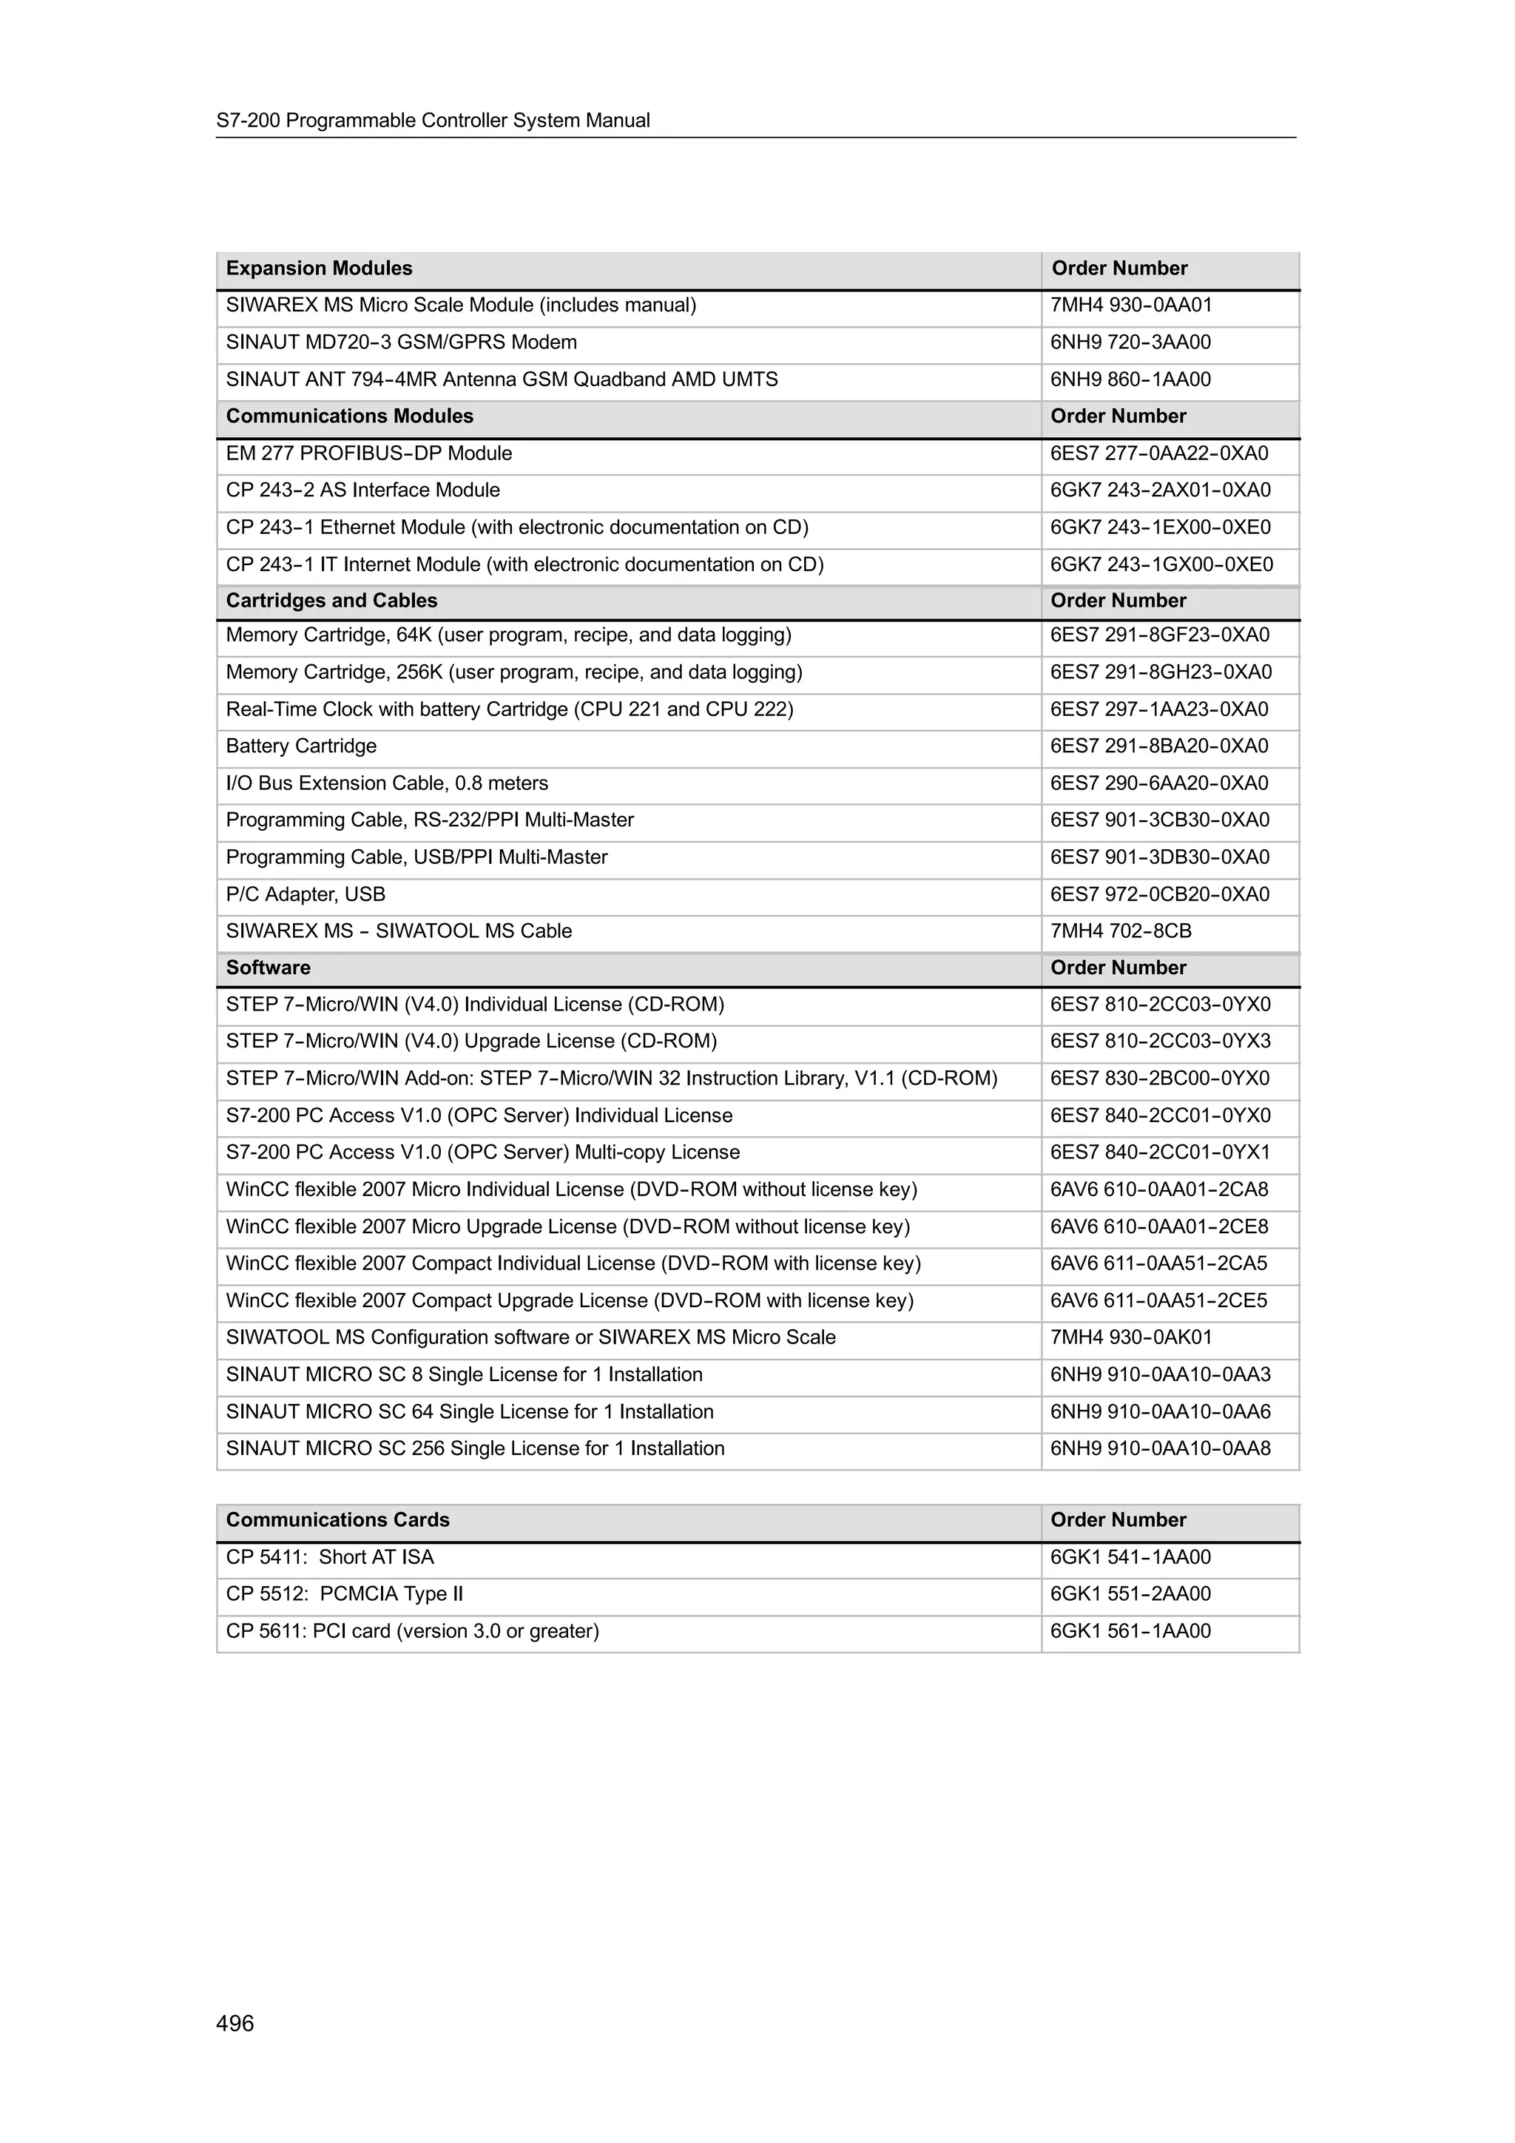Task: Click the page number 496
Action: (234, 2022)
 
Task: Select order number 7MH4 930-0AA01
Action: (1130, 306)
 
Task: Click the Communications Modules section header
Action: (349, 416)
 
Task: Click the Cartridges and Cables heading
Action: (331, 601)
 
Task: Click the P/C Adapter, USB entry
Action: (306, 895)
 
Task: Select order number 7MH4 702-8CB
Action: (1120, 931)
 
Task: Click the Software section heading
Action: (268, 968)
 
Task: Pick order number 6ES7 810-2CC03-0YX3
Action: (1159, 1042)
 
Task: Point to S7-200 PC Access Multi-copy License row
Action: (482, 1153)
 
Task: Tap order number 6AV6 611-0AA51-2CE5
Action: (1158, 1301)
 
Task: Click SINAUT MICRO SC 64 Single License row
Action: (470, 1412)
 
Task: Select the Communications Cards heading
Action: (337, 1520)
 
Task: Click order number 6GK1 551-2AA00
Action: (1130, 1594)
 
